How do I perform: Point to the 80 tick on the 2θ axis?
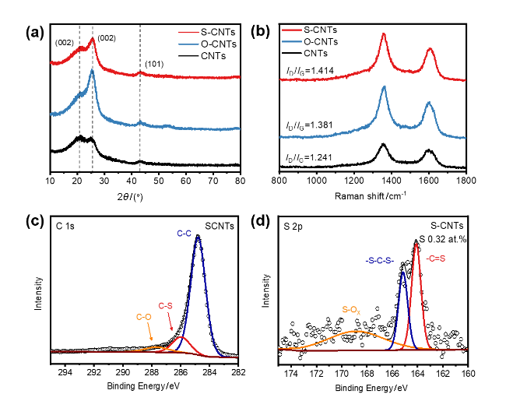tap(240, 181)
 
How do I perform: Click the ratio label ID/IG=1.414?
tap(307, 71)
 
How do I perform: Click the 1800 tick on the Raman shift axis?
tap(466, 181)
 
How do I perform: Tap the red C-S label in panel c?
tap(166, 305)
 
